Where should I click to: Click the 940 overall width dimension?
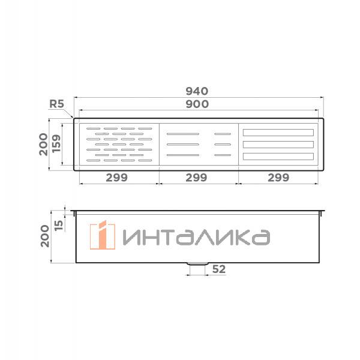tap(196, 91)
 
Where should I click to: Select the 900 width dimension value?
tap(196, 104)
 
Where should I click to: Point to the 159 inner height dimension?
tap(56, 144)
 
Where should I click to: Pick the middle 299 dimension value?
tap(196, 178)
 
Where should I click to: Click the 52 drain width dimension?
tap(218, 269)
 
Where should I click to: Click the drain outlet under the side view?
tap(196, 263)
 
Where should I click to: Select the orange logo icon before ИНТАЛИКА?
tap(102, 236)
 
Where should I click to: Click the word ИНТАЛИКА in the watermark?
tap(196, 238)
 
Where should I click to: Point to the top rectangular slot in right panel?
tap(278, 133)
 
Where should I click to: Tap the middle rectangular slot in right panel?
tap(278, 145)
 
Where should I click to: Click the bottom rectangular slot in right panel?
tap(278, 157)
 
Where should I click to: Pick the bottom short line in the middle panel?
tap(223, 155)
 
